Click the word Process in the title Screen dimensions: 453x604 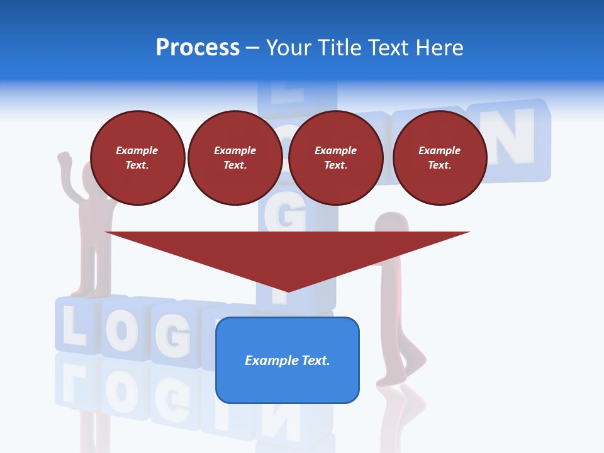198,48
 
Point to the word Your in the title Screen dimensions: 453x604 290,48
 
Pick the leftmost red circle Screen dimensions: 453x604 137,158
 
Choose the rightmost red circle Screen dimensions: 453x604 440,158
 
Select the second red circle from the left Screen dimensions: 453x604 235,158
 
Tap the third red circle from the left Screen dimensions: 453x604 335,158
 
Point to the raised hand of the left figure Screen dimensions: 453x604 64,160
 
